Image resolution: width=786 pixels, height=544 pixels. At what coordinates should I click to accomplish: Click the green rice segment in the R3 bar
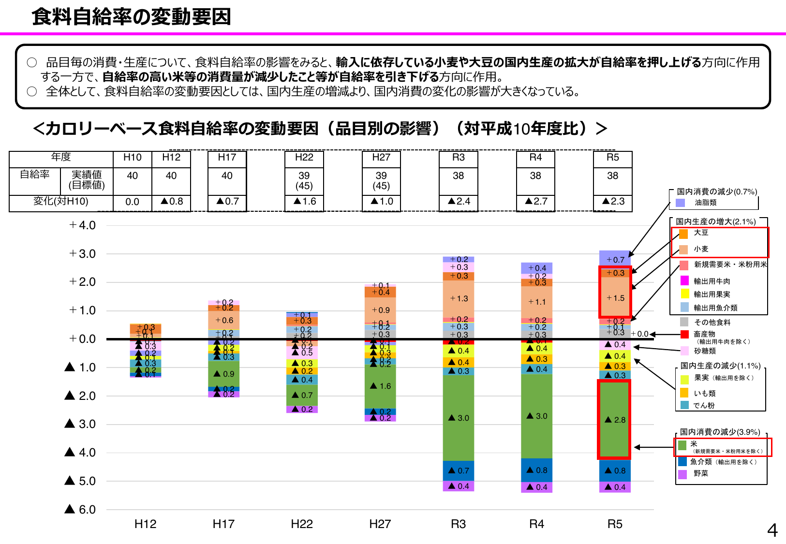click(x=458, y=418)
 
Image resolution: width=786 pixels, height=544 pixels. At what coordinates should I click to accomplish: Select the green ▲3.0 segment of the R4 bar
click(x=536, y=416)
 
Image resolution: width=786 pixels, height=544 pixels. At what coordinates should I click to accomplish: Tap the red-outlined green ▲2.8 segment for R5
click(x=614, y=419)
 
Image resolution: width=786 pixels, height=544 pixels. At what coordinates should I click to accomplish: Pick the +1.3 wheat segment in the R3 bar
click(x=458, y=299)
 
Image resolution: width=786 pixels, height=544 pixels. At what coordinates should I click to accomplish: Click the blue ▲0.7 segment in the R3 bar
click(x=458, y=470)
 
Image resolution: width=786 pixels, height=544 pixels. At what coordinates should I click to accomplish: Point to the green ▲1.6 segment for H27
click(x=380, y=386)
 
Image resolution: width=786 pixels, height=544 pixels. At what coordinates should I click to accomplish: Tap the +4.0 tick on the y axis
click(x=83, y=225)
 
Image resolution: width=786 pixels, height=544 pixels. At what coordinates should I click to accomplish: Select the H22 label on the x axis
click(x=302, y=524)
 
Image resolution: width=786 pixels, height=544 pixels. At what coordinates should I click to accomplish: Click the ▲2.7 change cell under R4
click(x=536, y=202)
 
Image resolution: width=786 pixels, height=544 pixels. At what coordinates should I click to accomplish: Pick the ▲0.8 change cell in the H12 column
click(x=171, y=202)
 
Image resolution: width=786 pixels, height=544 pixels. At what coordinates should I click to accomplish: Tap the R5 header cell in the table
click(x=613, y=158)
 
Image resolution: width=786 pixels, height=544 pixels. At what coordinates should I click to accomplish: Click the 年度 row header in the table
click(x=61, y=157)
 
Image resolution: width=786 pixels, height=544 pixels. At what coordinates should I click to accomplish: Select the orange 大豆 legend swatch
click(x=683, y=234)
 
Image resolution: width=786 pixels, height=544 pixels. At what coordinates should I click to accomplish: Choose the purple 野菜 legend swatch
click(x=682, y=474)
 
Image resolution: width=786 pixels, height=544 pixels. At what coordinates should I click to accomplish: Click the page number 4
click(x=772, y=531)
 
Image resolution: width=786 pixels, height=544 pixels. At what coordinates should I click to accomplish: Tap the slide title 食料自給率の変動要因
click(x=132, y=17)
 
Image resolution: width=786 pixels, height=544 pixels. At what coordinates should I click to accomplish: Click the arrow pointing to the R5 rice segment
click(x=653, y=447)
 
